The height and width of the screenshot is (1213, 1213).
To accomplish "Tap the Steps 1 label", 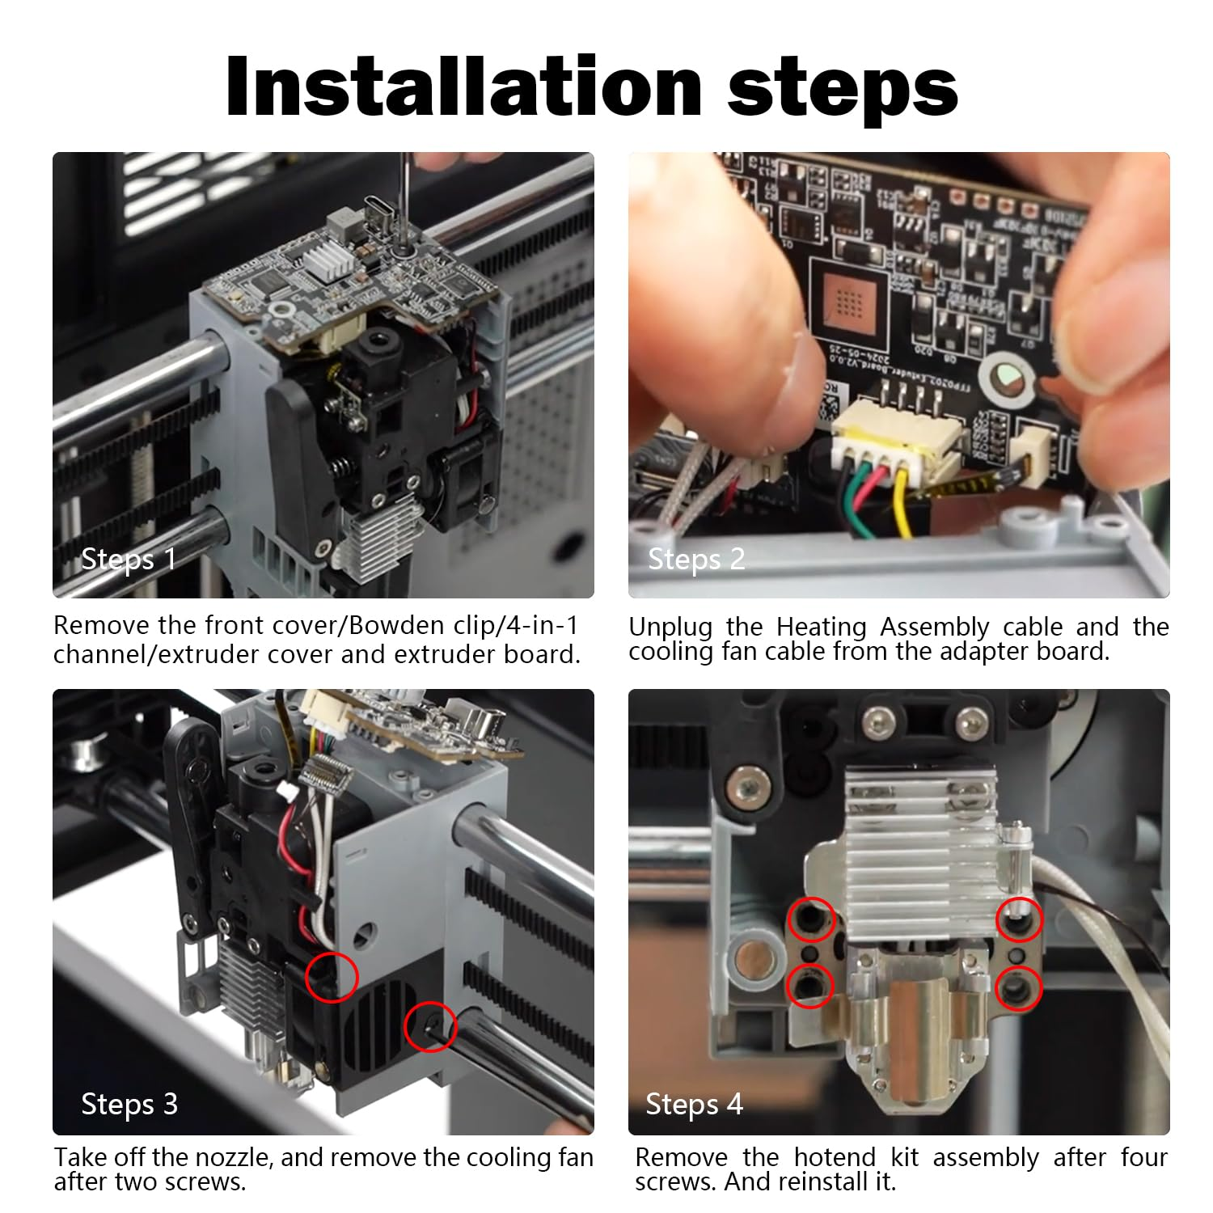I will (128, 559).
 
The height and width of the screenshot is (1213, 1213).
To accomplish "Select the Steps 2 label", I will (696, 559).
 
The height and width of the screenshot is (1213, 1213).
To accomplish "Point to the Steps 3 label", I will (129, 1104).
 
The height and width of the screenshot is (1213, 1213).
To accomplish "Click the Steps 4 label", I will (693, 1104).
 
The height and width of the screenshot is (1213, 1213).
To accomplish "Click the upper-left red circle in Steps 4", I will (812, 919).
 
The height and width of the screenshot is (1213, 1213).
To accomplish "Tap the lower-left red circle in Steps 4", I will (810, 986).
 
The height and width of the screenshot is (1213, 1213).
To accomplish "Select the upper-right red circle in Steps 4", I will (1019, 919).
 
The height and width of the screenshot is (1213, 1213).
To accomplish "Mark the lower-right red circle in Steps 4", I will (1018, 988).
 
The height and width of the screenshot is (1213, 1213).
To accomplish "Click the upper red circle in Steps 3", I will (332, 976).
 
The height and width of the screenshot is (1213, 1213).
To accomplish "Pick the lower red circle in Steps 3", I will (430, 1027).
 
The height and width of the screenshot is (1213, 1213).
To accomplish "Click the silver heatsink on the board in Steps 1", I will (328, 260).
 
